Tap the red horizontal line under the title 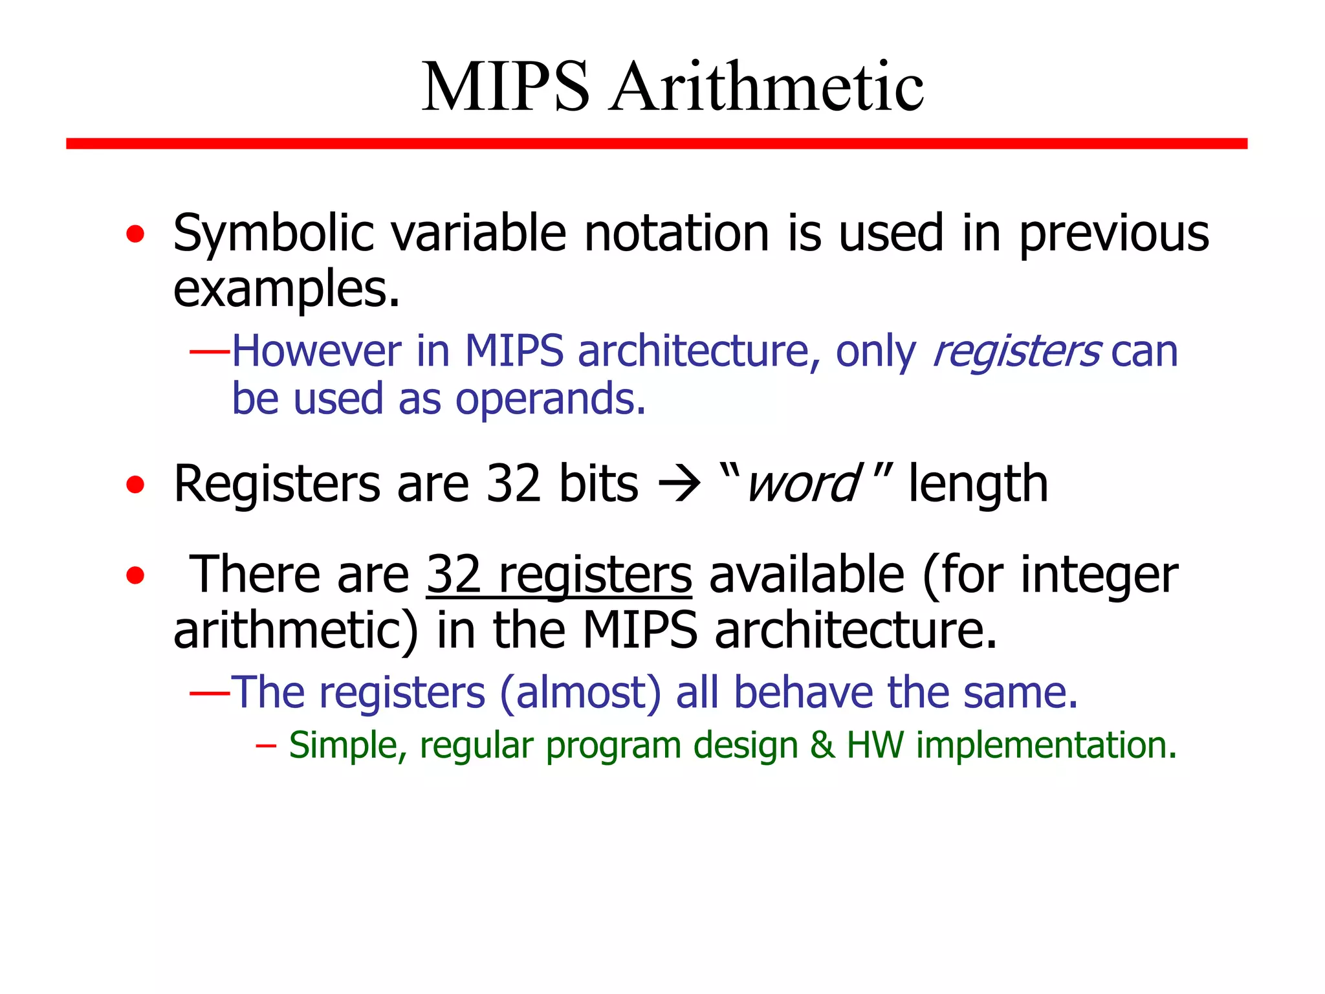click(656, 143)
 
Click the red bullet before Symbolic click(135, 234)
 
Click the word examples click(285, 289)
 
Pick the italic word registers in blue click(1016, 351)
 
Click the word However click(316, 351)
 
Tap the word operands click(550, 399)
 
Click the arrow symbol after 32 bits click(679, 484)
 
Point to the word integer click(1099, 574)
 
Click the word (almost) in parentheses click(580, 692)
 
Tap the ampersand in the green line click(822, 745)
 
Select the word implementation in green click(1046, 745)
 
